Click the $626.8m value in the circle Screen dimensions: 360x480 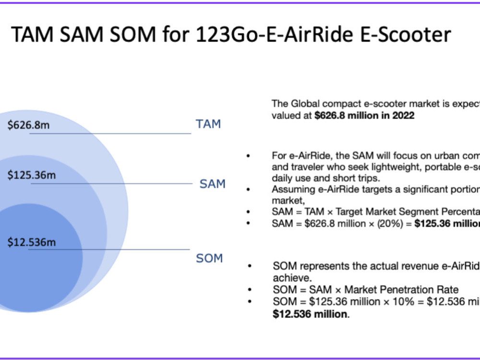pos(29,126)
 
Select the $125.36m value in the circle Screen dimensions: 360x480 pos(32,175)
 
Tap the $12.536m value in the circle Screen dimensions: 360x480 pos(32,242)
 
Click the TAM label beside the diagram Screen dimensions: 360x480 pos(208,124)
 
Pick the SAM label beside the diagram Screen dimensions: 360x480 pos(213,184)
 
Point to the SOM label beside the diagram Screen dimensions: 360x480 pos(209,258)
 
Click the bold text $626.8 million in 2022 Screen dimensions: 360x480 pos(364,116)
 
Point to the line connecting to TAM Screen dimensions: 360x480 pos(110,133)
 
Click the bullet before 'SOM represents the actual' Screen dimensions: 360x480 pos(249,266)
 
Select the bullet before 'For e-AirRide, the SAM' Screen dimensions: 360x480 pos(248,156)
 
